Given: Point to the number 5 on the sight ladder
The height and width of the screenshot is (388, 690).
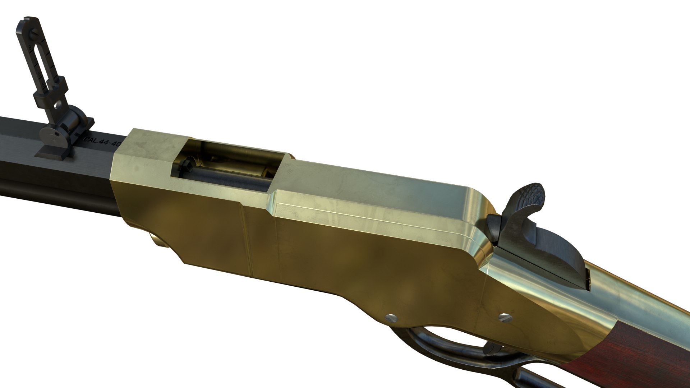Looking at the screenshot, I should pos(43,85).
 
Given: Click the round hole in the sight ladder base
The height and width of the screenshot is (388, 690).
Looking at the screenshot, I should pos(57,106).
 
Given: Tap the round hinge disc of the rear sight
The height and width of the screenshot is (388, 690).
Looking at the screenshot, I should pos(53,135).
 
